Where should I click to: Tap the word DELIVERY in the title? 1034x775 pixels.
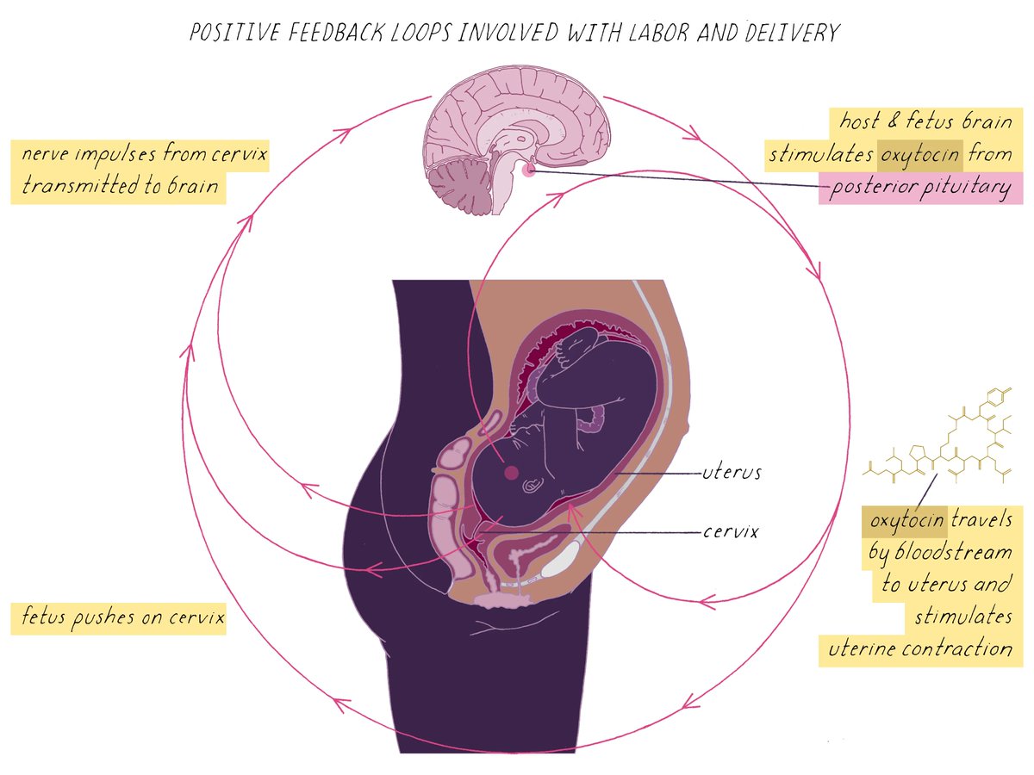click(x=788, y=34)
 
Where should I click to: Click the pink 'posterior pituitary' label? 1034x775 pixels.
click(x=919, y=189)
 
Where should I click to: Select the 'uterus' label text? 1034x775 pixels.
click(x=732, y=472)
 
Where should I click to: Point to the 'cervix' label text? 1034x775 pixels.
click(x=731, y=531)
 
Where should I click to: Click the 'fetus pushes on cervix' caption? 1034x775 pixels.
click(x=118, y=617)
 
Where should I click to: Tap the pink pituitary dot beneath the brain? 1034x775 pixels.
click(x=528, y=170)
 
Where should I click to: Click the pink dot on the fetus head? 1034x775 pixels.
click(x=511, y=472)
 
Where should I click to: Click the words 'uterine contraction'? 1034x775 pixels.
click(x=920, y=648)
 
